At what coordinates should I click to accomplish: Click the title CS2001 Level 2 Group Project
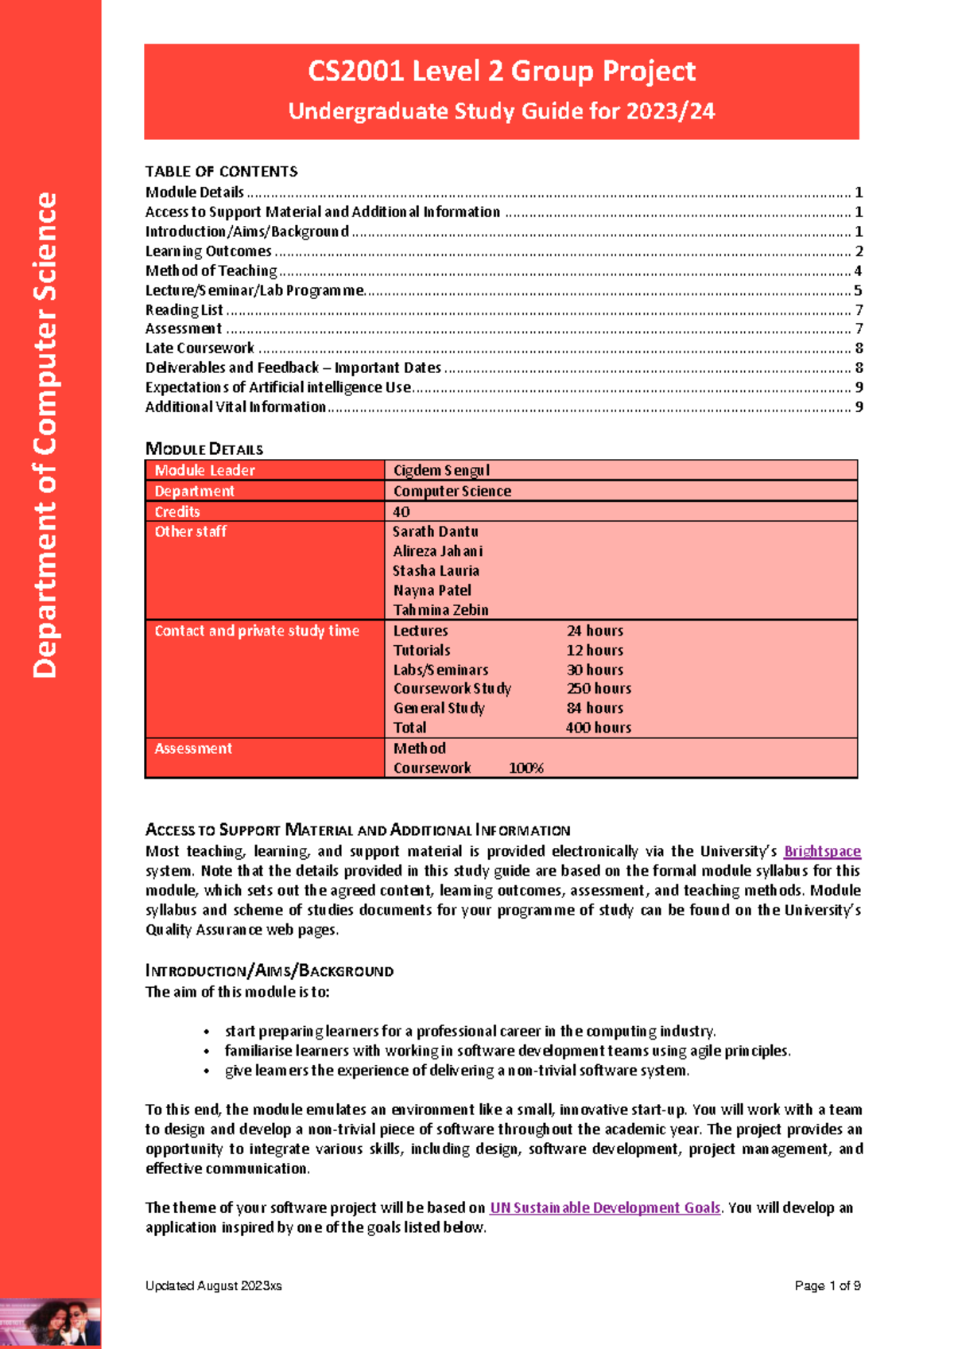point(502,72)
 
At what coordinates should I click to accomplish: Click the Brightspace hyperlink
point(822,851)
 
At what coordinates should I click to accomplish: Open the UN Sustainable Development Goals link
point(605,1207)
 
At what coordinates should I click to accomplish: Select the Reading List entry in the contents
point(184,310)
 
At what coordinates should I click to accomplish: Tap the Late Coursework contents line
point(200,348)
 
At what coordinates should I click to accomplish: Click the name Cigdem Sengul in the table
point(441,470)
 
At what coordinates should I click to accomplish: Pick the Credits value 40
point(401,511)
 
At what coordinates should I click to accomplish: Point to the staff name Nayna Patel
point(432,590)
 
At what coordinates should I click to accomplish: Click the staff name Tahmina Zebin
point(440,610)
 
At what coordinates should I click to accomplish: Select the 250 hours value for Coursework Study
point(599,689)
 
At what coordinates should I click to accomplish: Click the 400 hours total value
point(599,728)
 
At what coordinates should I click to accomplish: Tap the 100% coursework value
point(525,768)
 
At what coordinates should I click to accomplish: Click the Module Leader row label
point(205,470)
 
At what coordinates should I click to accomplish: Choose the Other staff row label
point(191,531)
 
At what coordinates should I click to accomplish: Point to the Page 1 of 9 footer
point(828,1285)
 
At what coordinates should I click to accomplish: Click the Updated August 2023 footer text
point(213,1285)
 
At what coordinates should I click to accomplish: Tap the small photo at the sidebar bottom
point(50,1323)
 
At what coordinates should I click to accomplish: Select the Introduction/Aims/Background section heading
point(270,970)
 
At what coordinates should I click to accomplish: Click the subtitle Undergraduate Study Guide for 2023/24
point(502,111)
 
